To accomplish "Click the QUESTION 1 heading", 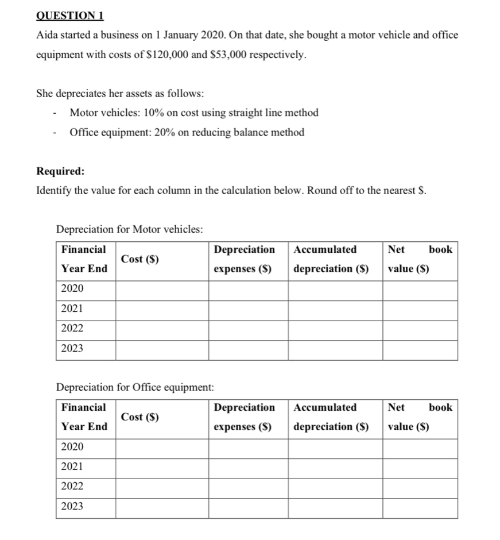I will click(66, 15).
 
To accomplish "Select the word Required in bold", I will click(60, 171).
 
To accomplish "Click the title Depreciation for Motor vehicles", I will click(129, 229).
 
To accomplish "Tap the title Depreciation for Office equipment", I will click(135, 387).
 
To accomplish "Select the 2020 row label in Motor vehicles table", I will click(72, 288).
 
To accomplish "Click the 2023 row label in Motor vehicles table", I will click(72, 348).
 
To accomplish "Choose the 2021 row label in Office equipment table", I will click(72, 466).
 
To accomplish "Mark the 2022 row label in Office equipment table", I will click(72, 486).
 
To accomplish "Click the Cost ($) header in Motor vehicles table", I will click(139, 259).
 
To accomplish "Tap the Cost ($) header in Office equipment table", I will click(139, 417).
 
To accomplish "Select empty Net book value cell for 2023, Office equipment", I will click(420, 507).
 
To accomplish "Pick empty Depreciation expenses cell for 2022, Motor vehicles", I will click(247, 329).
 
